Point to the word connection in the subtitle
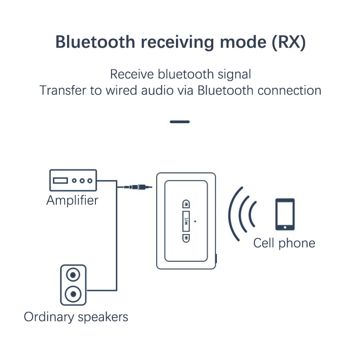(289, 90)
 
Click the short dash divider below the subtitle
(180, 121)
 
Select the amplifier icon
(72, 180)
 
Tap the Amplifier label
(72, 200)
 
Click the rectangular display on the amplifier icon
(60, 181)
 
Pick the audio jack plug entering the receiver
(137, 186)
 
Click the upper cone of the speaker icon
(72, 274)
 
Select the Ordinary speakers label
(76, 316)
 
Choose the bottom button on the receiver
(185, 238)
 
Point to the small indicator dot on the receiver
(195, 221)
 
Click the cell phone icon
(285, 214)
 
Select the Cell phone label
(284, 243)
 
